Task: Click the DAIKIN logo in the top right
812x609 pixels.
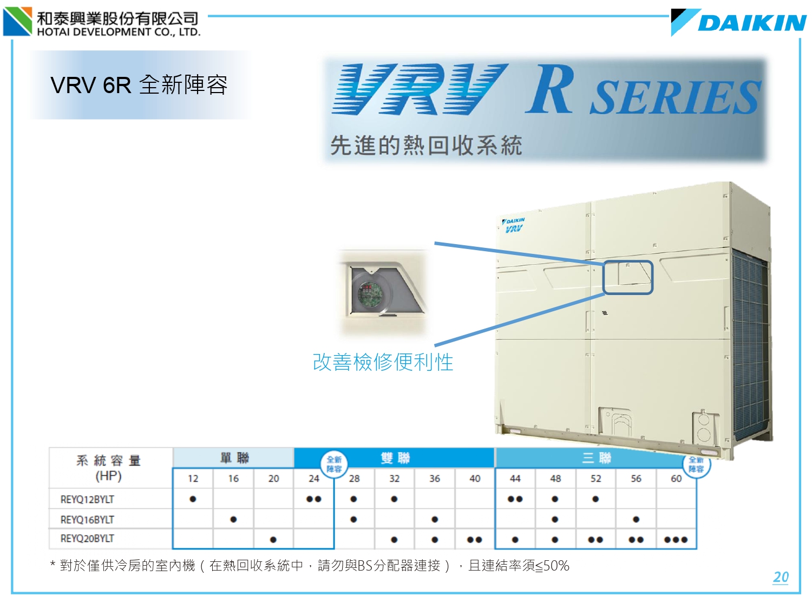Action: (x=739, y=22)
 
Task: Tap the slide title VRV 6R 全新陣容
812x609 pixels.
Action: (x=139, y=85)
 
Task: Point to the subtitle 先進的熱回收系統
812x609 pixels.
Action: (x=426, y=145)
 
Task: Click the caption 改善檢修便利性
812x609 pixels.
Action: (x=383, y=362)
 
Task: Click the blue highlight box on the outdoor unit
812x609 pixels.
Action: (x=628, y=277)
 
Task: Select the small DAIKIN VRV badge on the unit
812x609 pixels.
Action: (x=513, y=225)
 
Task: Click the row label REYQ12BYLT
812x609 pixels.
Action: (x=87, y=499)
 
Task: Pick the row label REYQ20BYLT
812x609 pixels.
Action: (x=87, y=539)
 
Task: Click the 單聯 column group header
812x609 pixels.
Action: (x=234, y=458)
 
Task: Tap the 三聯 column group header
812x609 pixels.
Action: (x=596, y=458)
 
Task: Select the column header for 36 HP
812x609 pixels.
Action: (x=435, y=479)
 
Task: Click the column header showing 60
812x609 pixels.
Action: (x=676, y=479)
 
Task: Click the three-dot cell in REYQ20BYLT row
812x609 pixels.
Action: (x=676, y=540)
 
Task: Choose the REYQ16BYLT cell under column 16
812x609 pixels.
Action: (x=233, y=520)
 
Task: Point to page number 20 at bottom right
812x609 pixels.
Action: (x=781, y=577)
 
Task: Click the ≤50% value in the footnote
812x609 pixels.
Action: (x=552, y=566)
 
